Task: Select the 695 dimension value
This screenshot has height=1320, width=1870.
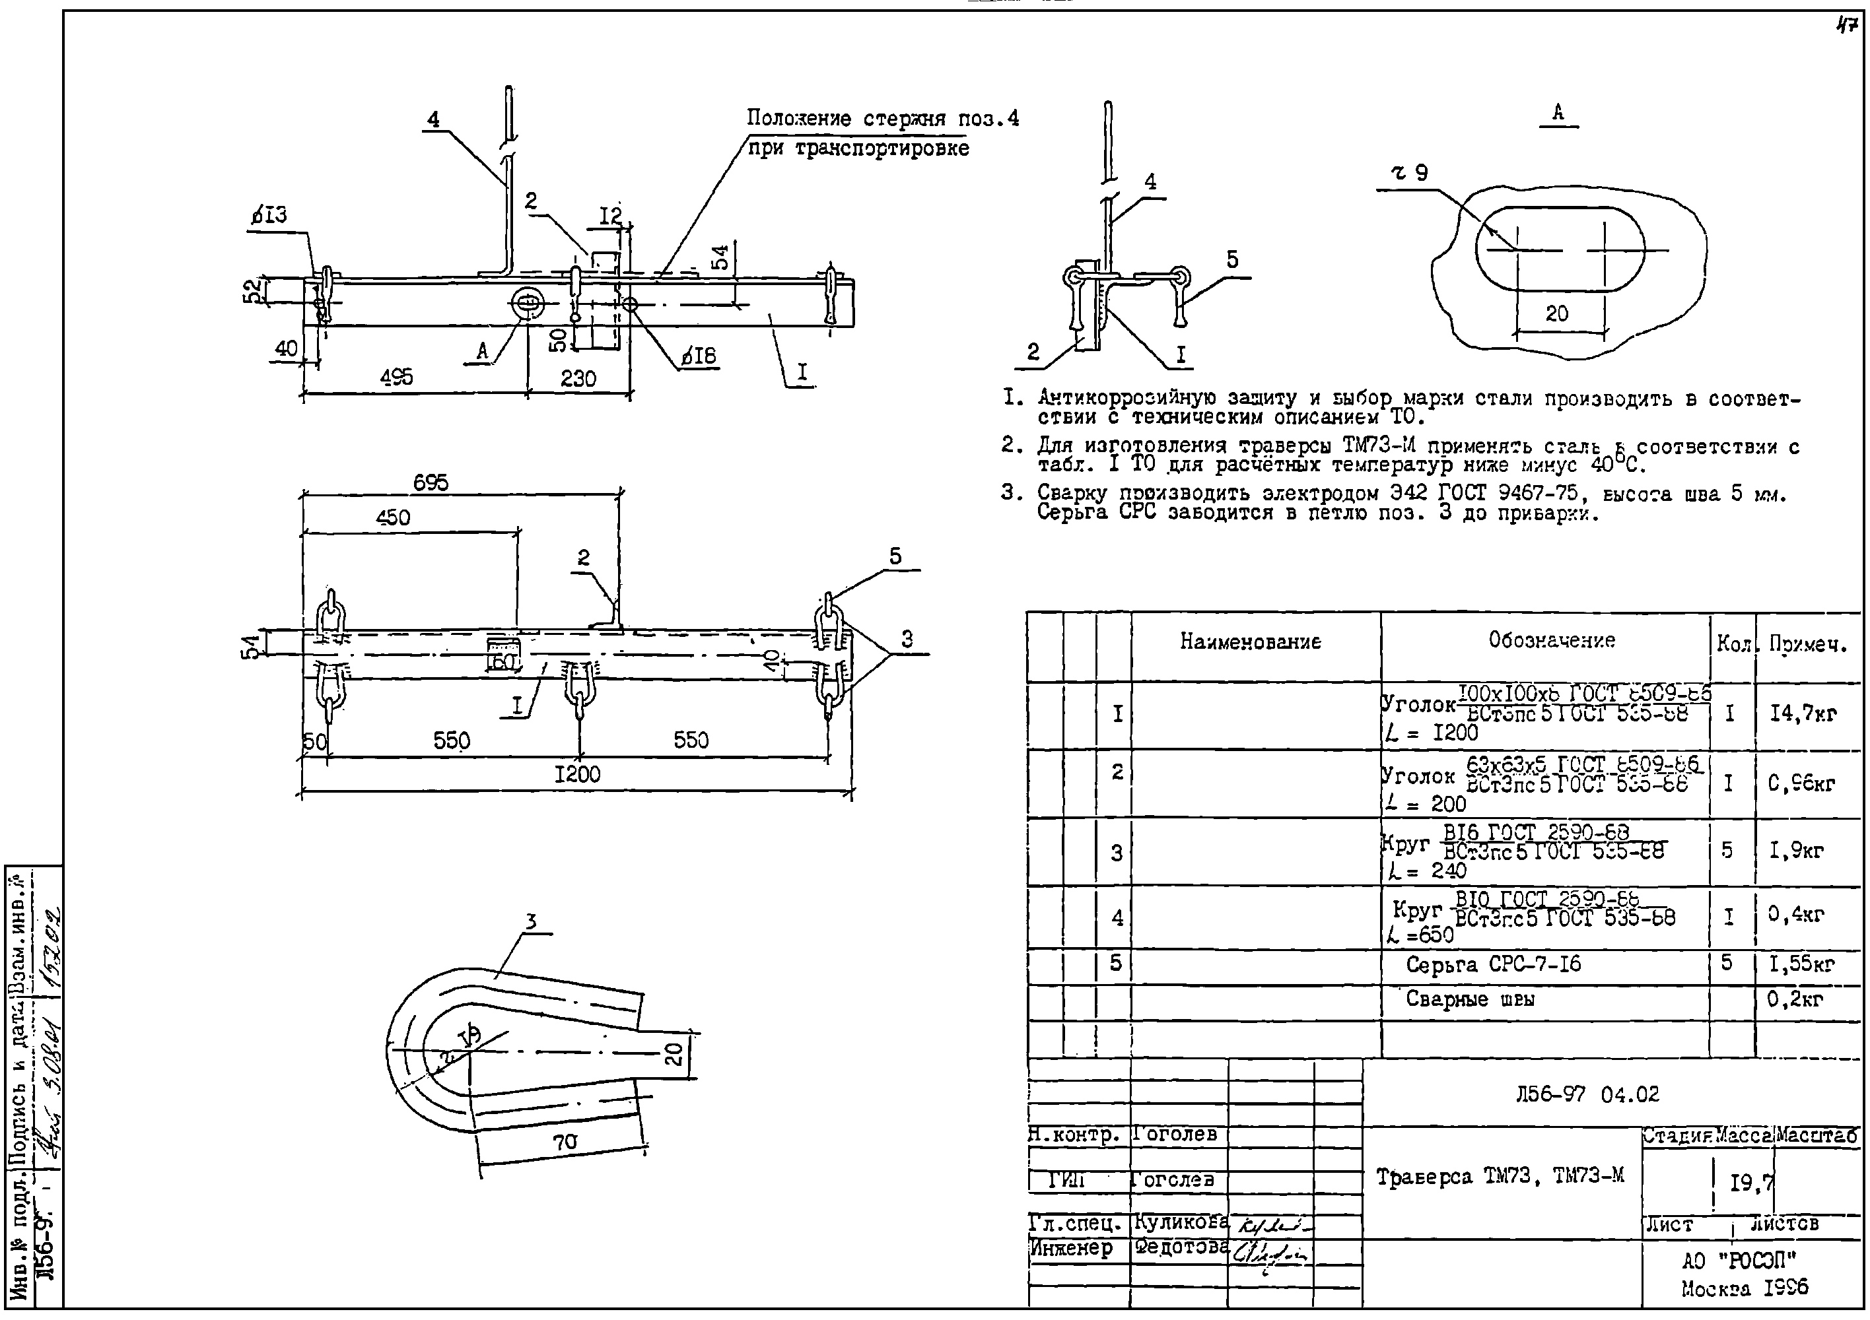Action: coord(430,483)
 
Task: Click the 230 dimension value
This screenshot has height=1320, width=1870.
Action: coord(578,379)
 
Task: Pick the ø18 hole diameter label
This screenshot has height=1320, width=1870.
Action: coord(698,356)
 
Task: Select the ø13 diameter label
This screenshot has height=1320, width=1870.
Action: coord(269,216)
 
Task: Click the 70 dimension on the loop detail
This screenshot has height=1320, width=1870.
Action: coord(565,1142)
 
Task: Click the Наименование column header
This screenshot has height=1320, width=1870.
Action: coord(1250,642)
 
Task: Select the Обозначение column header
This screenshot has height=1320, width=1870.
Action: coord(1552,641)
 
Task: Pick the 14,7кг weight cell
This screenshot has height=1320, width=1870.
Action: coord(1803,714)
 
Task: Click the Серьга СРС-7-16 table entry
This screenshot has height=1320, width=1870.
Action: coord(1493,965)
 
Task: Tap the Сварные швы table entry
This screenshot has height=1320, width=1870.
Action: coord(1469,1000)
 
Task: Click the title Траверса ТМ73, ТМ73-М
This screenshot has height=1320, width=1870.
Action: coord(1500,1177)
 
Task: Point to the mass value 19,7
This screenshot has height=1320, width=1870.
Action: coord(1750,1181)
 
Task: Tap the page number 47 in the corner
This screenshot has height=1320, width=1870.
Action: coord(1845,26)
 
